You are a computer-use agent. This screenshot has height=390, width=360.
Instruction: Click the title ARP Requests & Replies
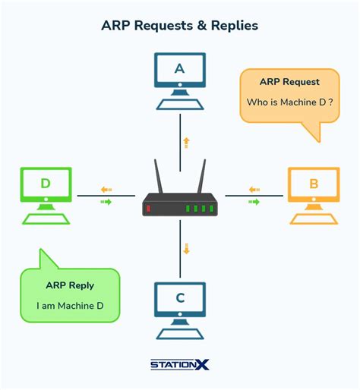tap(180, 26)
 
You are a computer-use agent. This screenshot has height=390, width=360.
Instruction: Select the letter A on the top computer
tap(180, 69)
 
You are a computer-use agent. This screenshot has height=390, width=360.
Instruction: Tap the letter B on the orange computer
tap(313, 184)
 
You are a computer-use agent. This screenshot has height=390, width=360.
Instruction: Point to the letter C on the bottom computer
tap(180, 298)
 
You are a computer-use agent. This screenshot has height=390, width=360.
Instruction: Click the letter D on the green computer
tap(46, 184)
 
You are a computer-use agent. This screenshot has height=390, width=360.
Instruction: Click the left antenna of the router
tap(158, 176)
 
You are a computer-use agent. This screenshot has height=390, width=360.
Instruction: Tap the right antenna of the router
tap(203, 176)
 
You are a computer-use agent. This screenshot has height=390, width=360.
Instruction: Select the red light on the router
tap(149, 208)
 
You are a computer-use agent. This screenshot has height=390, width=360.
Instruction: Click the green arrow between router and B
tap(254, 202)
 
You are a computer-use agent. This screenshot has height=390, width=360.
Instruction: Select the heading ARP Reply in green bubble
tap(70, 286)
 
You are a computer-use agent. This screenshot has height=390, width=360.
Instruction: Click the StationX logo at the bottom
tap(180, 364)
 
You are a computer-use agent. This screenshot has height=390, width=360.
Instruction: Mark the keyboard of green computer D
tap(46, 218)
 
